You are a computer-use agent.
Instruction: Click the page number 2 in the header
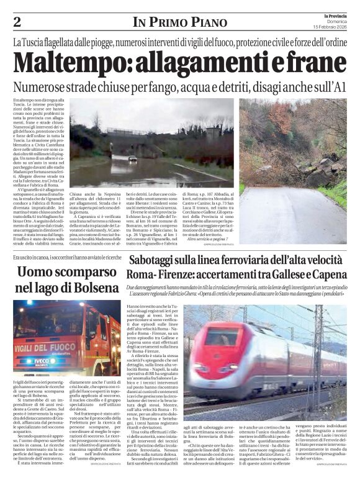click(17, 22)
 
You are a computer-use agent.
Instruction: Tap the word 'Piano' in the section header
click(205, 23)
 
